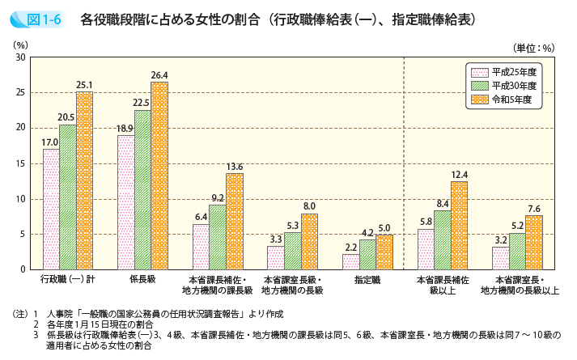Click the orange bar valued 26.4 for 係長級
coord(159,176)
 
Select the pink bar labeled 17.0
coord(51,209)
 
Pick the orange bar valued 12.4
coord(459,225)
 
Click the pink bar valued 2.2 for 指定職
coord(350,261)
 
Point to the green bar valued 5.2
coord(517,251)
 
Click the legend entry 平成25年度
coord(503,71)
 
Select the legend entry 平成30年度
coord(503,85)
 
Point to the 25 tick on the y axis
coord(20,92)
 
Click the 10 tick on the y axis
coord(20,199)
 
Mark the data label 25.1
coord(85,84)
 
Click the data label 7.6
coord(534,209)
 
